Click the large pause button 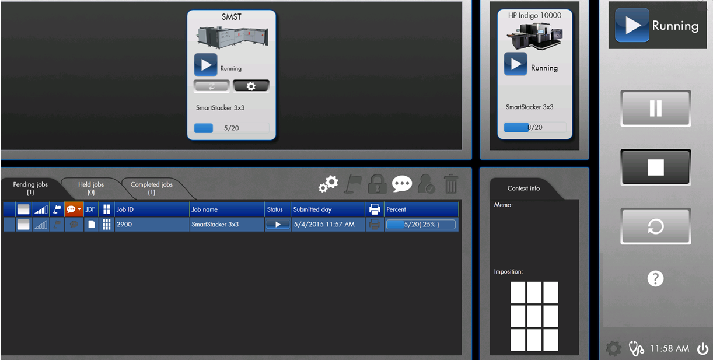(656, 109)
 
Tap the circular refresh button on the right (656, 226)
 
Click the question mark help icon (656, 279)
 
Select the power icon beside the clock (701, 349)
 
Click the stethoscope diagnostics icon (636, 349)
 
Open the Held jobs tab (91, 188)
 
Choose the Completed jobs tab (151, 188)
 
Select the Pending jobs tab (30, 188)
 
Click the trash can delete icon (450, 184)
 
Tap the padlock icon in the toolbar (377, 184)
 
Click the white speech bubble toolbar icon (402, 184)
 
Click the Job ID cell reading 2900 (152, 225)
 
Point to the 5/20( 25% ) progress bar (421, 225)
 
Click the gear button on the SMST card (251, 86)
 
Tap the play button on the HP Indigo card (516, 64)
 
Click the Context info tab (523, 188)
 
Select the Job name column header (227, 209)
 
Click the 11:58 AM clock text (669, 349)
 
